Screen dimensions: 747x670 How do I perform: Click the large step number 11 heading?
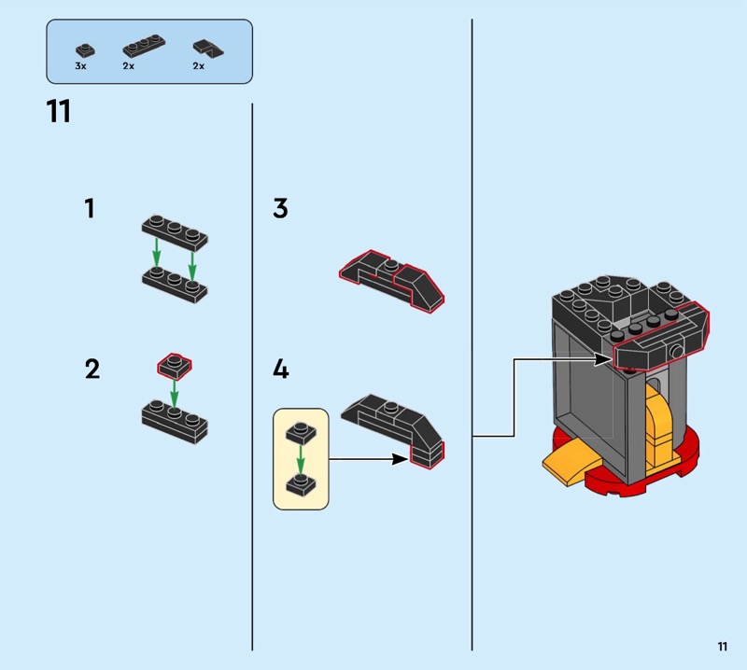coord(59,111)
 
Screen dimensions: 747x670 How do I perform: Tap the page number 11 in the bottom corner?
coord(722,646)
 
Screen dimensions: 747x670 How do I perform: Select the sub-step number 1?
coord(90,209)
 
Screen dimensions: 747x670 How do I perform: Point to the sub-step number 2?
coord(92,369)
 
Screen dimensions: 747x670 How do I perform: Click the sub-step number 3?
coord(281,209)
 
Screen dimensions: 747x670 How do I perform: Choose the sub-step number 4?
coord(281,369)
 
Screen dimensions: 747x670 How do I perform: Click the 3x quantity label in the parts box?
coord(80,66)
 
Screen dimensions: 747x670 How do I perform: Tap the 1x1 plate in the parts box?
coord(85,50)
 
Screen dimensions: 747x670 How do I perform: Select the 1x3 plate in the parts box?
coord(144,46)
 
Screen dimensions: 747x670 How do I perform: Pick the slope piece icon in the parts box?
coord(208,49)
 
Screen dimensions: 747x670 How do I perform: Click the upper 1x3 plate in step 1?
coord(175,233)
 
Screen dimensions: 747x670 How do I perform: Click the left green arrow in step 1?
coord(156,253)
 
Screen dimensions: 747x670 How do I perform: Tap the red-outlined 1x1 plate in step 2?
coord(175,366)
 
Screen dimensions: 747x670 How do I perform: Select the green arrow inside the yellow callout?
coord(300,460)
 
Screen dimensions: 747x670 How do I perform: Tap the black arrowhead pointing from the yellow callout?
coord(401,459)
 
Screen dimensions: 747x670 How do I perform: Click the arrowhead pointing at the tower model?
coord(603,359)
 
